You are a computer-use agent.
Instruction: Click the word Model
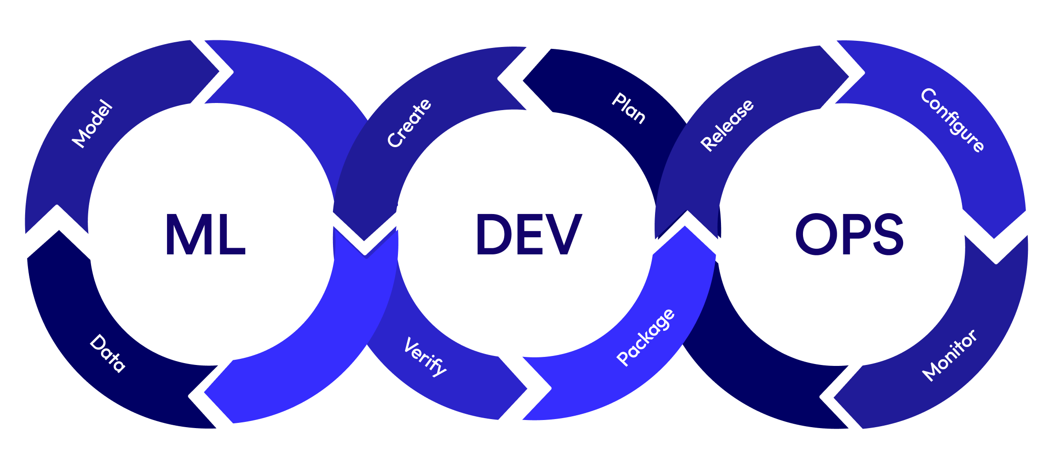92,124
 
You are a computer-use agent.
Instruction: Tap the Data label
108,353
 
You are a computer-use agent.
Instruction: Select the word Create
409,123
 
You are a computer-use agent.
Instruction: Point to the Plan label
629,108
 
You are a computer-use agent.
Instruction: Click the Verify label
425,357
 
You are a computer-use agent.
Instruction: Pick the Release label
727,125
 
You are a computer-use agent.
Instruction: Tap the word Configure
952,120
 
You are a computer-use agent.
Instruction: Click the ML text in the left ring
205,234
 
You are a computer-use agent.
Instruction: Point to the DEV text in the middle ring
528,234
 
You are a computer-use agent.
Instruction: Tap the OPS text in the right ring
849,234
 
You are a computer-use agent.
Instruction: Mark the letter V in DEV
564,234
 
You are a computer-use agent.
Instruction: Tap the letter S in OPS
887,234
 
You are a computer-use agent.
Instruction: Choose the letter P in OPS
852,234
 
